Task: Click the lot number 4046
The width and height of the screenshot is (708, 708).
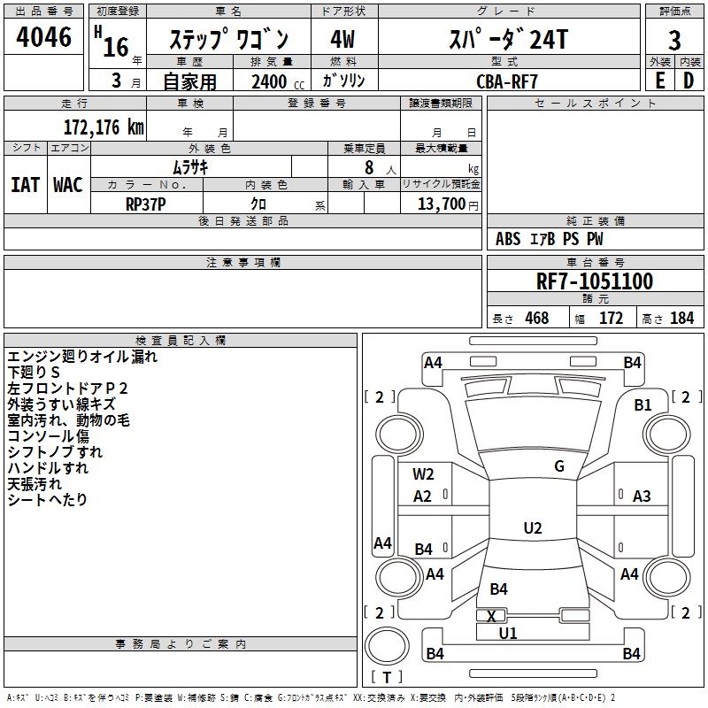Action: (x=43, y=37)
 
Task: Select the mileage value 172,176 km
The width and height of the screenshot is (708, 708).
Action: (x=103, y=127)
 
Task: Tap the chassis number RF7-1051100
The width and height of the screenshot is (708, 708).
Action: (x=595, y=281)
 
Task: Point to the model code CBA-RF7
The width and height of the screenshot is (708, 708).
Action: (x=507, y=81)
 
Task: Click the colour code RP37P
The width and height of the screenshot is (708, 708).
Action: (x=145, y=203)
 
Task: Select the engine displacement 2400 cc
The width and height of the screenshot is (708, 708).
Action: (x=270, y=81)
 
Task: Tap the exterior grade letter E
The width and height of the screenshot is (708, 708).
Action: (x=659, y=80)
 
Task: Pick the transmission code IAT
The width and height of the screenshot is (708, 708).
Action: (x=25, y=184)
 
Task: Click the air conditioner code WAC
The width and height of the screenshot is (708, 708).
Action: (x=67, y=184)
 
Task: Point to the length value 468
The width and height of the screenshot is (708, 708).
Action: (x=536, y=319)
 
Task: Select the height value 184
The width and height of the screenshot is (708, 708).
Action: (x=681, y=319)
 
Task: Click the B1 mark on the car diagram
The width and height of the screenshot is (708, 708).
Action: (x=643, y=404)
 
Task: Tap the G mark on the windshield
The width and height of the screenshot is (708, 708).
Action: (x=559, y=466)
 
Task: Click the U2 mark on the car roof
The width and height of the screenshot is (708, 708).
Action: (x=532, y=528)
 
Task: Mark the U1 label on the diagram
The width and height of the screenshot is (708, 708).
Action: (x=508, y=633)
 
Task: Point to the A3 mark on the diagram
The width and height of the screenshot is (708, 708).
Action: (x=642, y=496)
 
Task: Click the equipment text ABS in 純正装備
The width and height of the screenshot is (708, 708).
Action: (x=508, y=238)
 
